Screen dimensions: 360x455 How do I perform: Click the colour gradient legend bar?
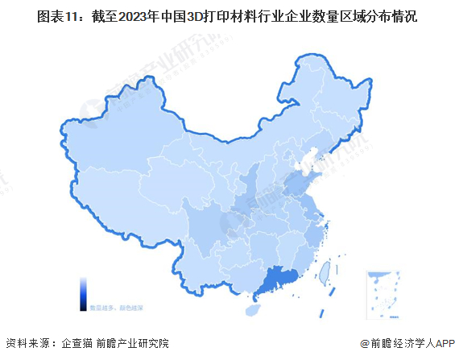click(83, 294)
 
